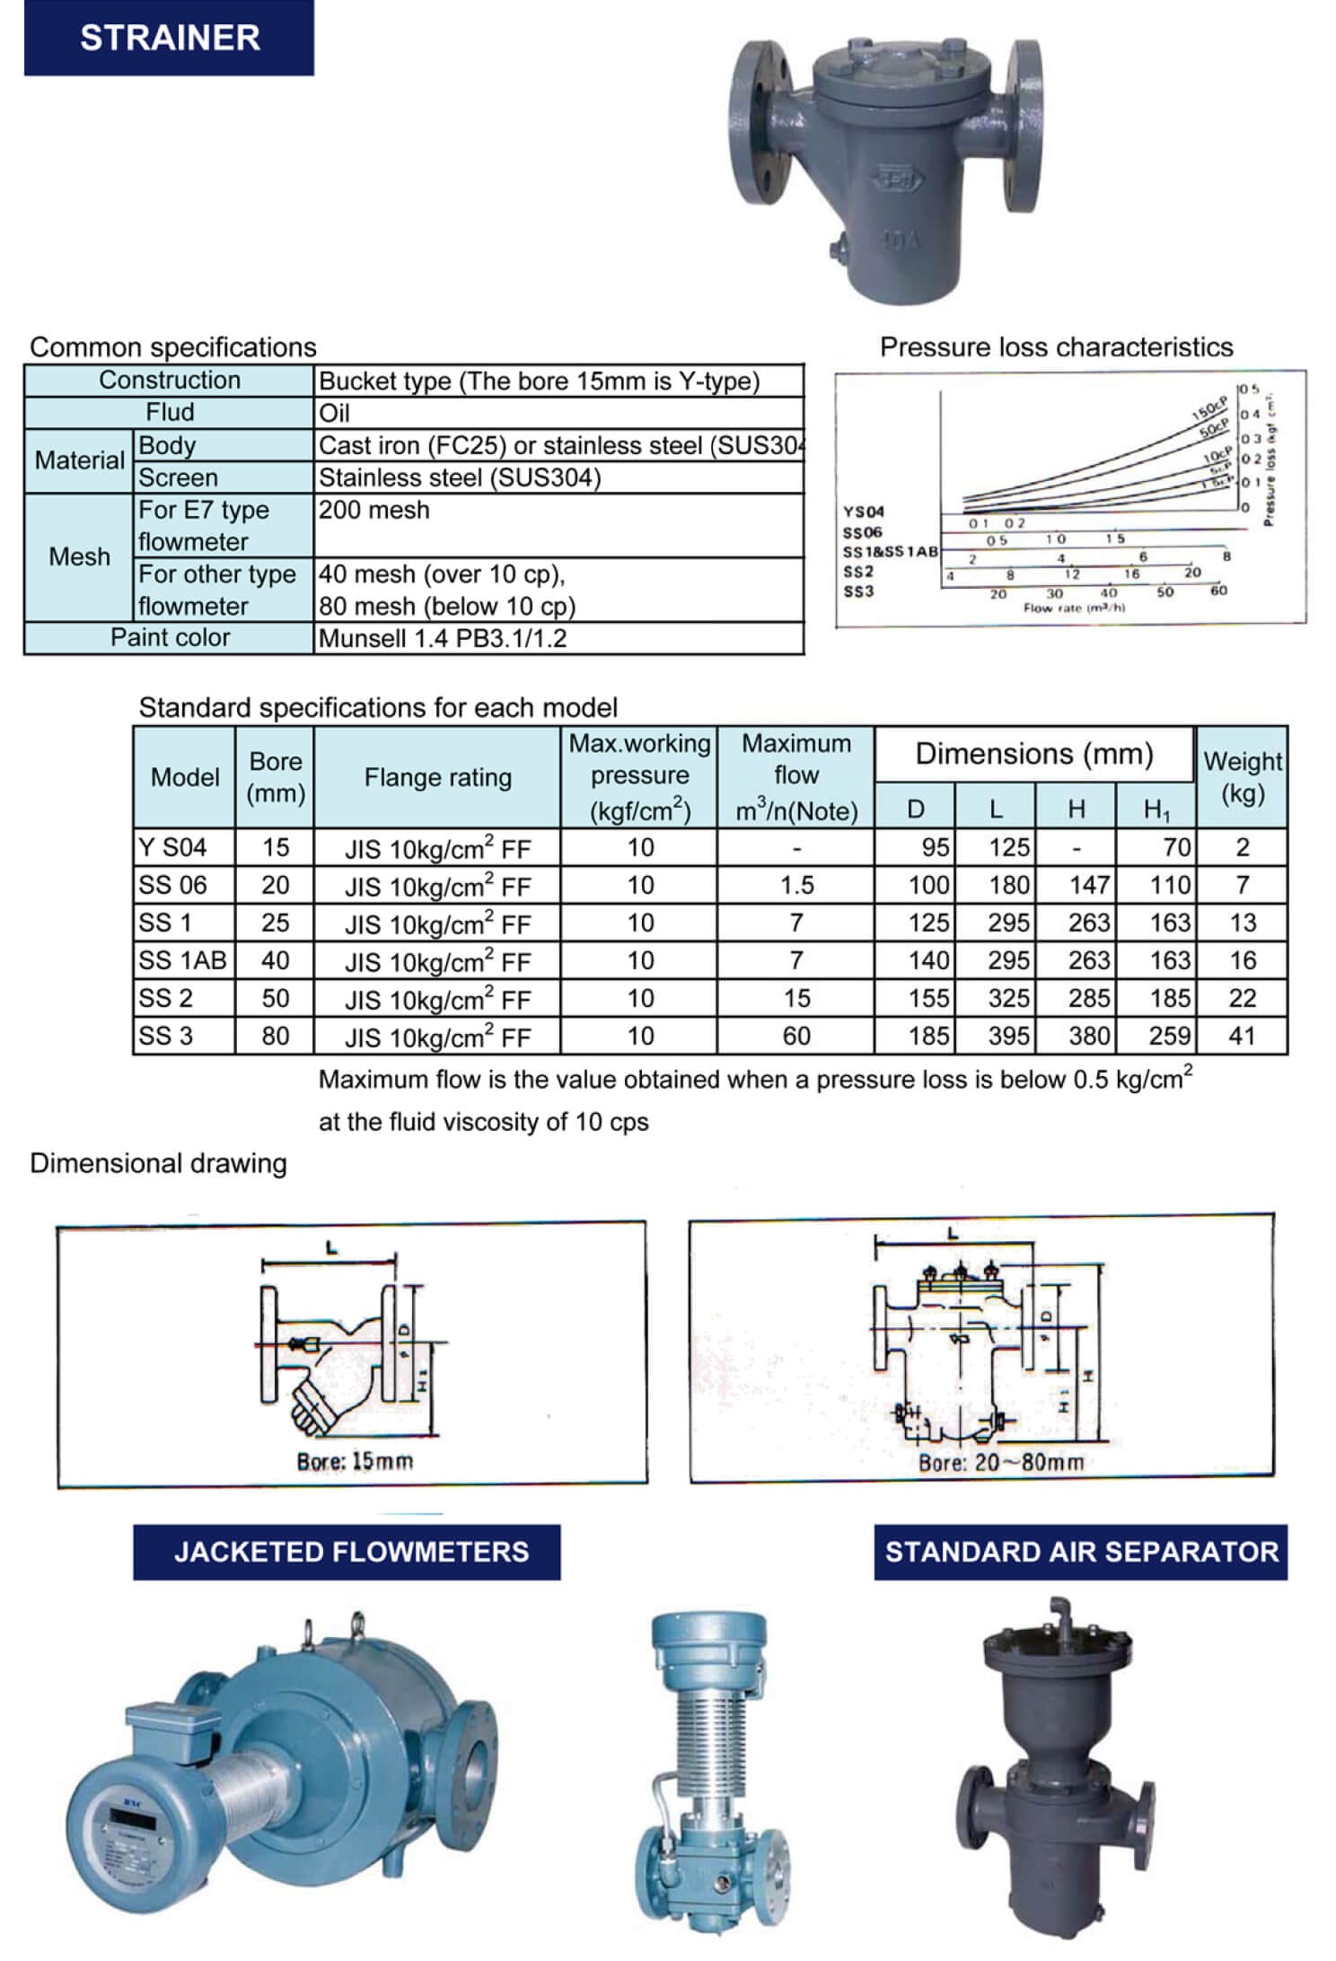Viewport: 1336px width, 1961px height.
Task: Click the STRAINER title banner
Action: [x=169, y=38]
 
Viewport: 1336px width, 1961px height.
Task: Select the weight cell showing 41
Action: [x=1242, y=1036]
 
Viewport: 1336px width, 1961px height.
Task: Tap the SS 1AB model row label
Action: [x=183, y=960]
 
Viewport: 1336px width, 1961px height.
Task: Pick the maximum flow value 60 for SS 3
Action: [x=796, y=1036]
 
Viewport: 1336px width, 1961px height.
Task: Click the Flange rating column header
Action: [x=437, y=777]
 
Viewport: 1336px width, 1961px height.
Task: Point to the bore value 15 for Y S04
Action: [x=275, y=847]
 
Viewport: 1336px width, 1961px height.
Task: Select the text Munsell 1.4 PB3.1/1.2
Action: [x=443, y=638]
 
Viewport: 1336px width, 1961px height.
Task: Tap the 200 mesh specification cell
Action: [x=374, y=510]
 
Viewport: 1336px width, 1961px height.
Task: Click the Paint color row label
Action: [x=170, y=637]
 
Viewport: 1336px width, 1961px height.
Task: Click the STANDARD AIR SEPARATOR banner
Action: [x=1081, y=1552]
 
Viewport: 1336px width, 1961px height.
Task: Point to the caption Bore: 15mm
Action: [x=355, y=1461]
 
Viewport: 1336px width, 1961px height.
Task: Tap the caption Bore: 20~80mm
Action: [x=1001, y=1462]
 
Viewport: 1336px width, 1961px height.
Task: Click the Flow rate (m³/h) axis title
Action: [x=1074, y=608]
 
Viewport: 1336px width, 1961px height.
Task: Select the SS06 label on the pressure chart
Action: [x=862, y=532]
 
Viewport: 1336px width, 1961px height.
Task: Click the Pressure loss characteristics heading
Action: [x=1056, y=347]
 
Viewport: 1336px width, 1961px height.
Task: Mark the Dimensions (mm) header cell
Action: [x=1034, y=754]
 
